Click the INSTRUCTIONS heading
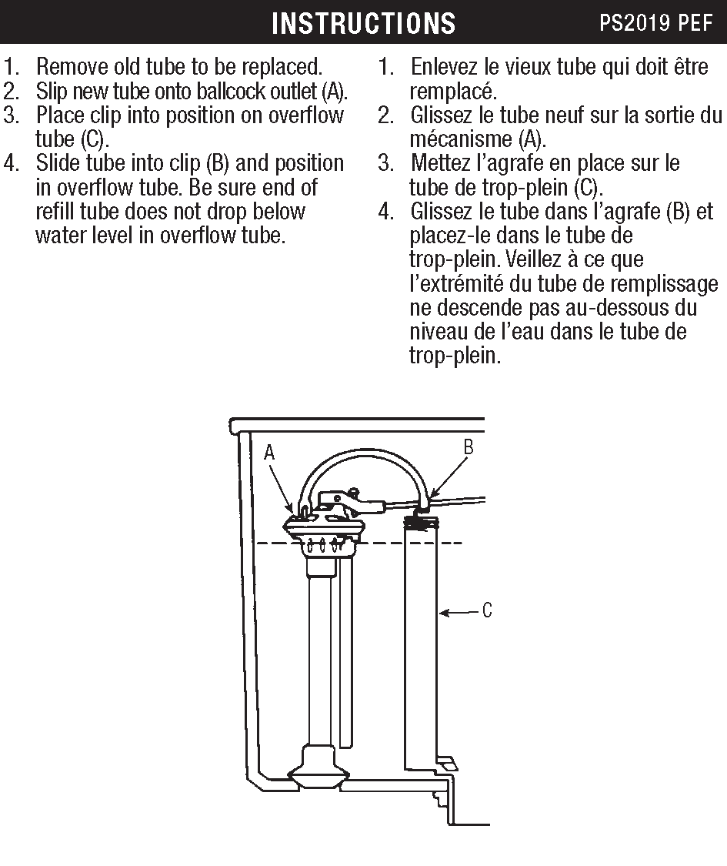363,23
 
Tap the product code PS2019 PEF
656,23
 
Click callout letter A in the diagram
269,453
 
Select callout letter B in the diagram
468,447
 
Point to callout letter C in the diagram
487,612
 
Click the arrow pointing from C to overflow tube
459,613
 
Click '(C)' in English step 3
92,140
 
